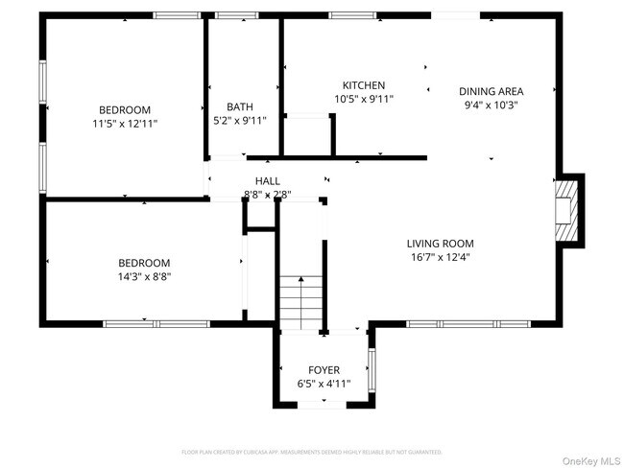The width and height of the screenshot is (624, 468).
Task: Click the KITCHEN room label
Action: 364,85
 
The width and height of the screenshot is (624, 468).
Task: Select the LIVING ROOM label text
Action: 440,244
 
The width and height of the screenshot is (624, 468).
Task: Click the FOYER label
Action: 324,370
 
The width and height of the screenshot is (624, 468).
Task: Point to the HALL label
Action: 268,181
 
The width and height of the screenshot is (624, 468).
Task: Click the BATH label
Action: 240,106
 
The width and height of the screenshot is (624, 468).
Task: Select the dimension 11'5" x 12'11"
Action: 125,124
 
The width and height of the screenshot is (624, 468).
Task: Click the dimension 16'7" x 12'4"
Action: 440,257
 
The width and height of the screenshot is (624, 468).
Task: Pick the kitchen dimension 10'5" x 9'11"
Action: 364,99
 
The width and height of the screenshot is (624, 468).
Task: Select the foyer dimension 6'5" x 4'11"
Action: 324,384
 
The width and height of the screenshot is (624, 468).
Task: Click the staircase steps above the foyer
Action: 301,302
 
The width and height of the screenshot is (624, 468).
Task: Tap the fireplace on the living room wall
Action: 568,211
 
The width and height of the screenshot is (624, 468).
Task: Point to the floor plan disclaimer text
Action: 312,451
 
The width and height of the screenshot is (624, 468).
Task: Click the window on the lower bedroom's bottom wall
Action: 144,324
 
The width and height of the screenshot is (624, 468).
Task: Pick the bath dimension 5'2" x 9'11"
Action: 240,121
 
